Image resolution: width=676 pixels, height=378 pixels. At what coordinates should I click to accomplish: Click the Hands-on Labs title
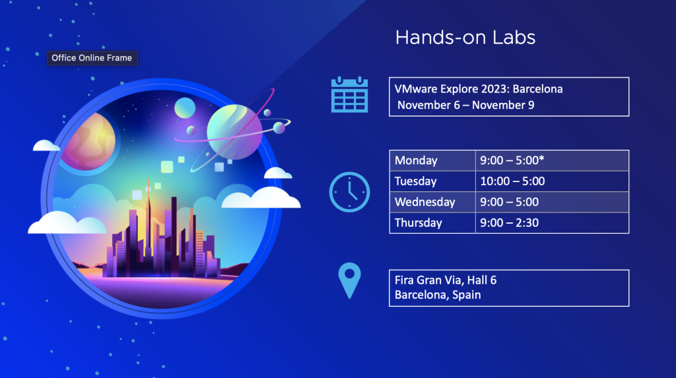465,38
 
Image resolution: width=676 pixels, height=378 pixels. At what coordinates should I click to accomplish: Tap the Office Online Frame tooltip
92,58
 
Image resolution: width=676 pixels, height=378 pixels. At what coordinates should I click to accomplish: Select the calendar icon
349,95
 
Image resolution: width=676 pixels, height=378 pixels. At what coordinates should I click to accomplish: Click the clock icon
350,192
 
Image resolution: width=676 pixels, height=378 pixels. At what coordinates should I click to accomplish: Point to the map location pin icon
350,280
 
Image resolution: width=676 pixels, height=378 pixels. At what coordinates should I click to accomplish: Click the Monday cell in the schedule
432,160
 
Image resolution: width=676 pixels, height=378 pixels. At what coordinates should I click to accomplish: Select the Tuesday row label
416,181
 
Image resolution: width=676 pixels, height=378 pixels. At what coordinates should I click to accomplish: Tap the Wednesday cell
432,202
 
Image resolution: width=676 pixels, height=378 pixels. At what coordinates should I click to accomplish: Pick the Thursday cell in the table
432,222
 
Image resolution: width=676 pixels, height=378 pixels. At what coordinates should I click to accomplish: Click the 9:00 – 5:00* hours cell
553,160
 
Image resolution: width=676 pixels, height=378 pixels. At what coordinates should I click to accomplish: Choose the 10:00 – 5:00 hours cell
553,181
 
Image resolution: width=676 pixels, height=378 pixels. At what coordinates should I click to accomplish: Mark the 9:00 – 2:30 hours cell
553,222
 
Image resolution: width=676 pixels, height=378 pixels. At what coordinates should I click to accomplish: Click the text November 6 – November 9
465,105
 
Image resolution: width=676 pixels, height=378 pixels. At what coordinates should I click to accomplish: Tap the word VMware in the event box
416,89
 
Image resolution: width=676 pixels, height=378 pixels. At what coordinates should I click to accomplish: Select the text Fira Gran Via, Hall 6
446,280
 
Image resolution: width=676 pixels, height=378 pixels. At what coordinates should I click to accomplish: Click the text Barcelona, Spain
438,295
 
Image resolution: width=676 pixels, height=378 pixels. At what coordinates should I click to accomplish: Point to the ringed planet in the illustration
234,131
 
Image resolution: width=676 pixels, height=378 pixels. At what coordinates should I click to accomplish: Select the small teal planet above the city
185,108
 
